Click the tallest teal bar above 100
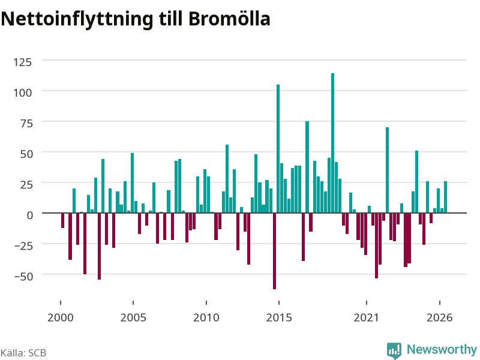(333, 143)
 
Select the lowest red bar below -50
(275, 251)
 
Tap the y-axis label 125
(22, 62)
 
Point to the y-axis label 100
(22, 92)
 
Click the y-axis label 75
(26, 123)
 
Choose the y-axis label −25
(23, 246)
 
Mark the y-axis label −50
(23, 277)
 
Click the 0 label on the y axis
(29, 215)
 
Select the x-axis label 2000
(61, 317)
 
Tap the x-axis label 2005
(133, 317)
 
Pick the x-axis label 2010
(206, 317)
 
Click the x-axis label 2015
(279, 317)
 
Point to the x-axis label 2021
(366, 317)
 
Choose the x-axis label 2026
(439, 317)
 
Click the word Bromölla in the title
(229, 19)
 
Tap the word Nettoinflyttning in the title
(77, 20)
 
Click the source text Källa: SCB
(23, 353)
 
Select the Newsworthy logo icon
(394, 350)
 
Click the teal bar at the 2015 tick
(278, 148)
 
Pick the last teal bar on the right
(445, 197)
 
